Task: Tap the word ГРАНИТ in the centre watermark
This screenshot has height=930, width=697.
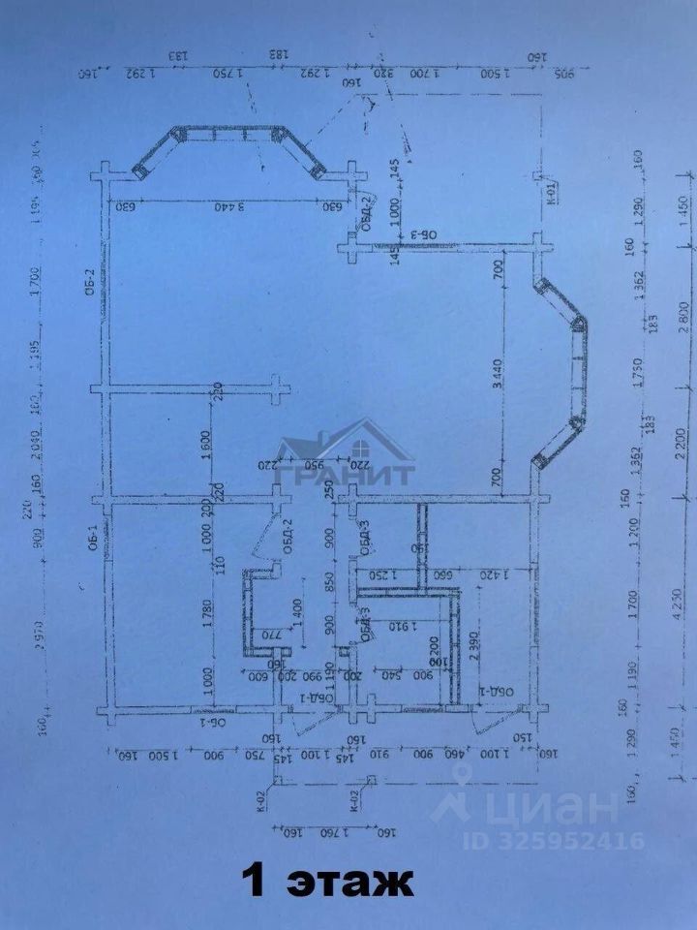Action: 344,474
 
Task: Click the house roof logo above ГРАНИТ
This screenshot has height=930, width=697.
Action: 344,441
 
